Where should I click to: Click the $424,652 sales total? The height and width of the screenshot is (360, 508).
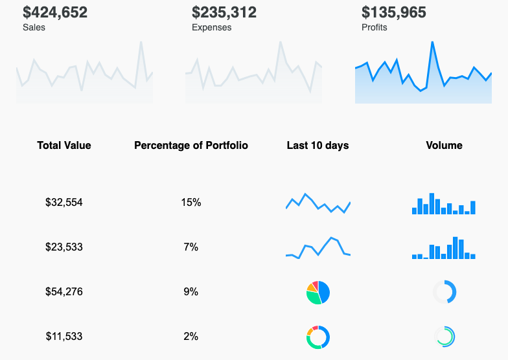(55, 12)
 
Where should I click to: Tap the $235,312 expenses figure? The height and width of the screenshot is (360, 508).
(224, 12)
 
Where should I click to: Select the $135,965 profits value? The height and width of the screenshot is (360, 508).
(394, 12)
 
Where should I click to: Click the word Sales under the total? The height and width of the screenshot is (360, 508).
(34, 28)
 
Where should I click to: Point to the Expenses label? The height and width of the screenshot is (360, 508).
(211, 28)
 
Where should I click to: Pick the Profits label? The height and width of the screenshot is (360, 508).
(375, 28)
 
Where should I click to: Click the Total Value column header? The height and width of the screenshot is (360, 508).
(64, 146)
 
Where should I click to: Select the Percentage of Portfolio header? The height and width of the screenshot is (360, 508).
(191, 146)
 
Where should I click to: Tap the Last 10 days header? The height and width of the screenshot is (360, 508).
(317, 146)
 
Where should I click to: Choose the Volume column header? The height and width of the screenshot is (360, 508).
(444, 146)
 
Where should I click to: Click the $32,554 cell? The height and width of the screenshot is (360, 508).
(64, 203)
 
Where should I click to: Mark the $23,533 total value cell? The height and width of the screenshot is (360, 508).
(64, 247)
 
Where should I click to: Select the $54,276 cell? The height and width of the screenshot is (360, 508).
(64, 292)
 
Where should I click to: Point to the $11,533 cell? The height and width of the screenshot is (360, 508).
(64, 337)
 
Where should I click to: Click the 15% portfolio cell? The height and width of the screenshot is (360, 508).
(191, 203)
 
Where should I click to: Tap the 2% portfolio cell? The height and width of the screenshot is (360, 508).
(191, 337)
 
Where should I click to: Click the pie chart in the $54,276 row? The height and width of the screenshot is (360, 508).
(318, 292)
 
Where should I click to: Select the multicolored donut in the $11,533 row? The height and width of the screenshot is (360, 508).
(318, 337)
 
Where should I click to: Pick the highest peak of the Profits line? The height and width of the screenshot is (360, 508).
(432, 43)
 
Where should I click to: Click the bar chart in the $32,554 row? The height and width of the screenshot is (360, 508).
(444, 204)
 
